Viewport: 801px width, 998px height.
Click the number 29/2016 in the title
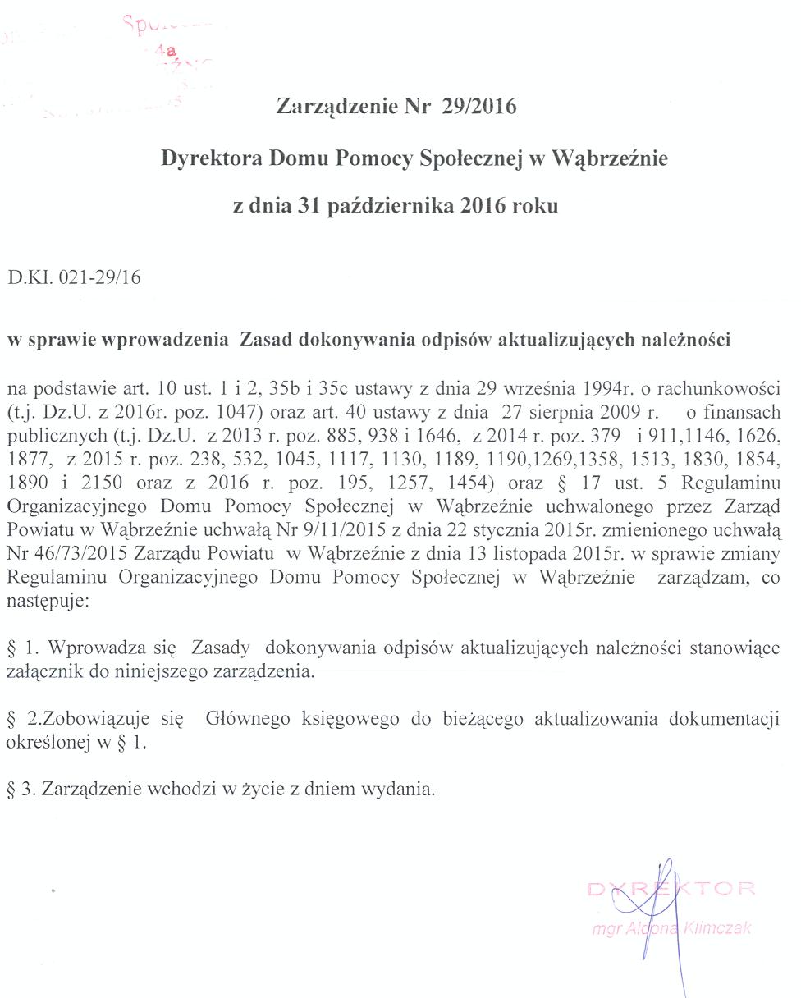coord(478,108)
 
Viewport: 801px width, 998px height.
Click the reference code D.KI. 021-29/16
coord(74,277)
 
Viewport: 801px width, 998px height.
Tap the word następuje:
coord(49,600)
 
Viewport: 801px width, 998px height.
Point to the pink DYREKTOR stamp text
coord(671,889)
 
